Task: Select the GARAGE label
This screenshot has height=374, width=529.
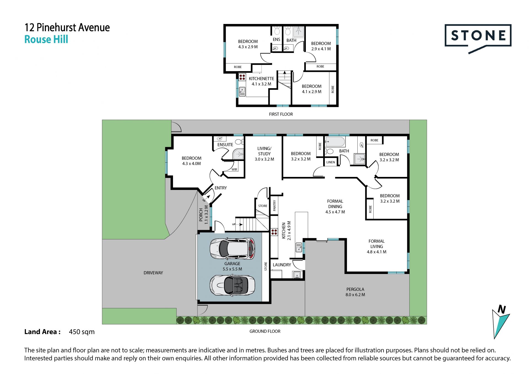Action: coord(232,264)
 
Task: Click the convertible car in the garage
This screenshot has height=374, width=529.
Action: coord(232,285)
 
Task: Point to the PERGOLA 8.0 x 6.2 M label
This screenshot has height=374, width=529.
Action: coord(355,292)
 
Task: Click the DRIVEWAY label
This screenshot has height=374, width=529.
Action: coord(153,273)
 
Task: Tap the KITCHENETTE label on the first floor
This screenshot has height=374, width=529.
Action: coord(261,79)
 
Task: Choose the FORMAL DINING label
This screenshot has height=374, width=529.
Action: coord(335,204)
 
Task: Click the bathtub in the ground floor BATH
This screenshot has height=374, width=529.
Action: coord(335,142)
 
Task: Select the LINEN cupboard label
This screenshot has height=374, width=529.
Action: coord(331,162)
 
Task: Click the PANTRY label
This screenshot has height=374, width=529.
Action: coord(274,206)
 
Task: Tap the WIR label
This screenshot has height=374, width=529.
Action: coord(234,169)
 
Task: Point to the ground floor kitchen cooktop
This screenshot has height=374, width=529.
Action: coord(274,232)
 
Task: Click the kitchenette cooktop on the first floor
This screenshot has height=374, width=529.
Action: coord(242,77)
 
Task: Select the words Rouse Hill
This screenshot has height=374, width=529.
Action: coord(46,39)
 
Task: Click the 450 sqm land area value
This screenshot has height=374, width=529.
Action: coord(82,332)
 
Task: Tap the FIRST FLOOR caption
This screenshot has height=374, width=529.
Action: coord(281,114)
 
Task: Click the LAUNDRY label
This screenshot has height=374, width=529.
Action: coord(282,265)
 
